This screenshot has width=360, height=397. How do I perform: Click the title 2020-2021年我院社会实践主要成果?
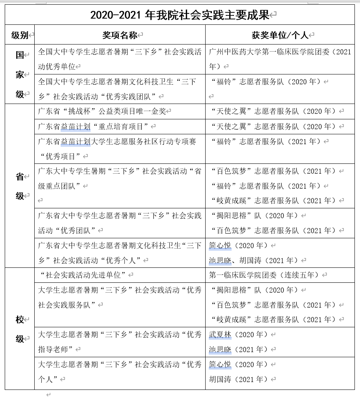coord(180,15)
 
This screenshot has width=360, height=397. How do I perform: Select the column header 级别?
coord(20,35)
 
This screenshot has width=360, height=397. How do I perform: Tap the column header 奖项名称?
coord(120,35)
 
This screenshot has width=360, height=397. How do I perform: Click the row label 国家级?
coord(20,74)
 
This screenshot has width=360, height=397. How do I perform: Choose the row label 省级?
coord(20,186)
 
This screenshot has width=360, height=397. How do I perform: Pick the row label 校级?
coord(20,329)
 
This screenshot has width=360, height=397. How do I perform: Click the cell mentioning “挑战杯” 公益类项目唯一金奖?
coord(102,111)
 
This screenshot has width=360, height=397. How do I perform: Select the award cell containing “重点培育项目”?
coord(95,126)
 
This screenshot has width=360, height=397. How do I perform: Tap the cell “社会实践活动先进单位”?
coord(85,275)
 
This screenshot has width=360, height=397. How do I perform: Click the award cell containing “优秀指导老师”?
coord(120,341)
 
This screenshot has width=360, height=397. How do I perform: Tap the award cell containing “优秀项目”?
coord(120,148)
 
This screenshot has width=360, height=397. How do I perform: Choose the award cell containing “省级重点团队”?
coord(120,178)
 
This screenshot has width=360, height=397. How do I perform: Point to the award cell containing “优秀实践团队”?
coord(120,89)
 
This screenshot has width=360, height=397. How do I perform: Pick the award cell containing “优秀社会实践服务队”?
coord(120,297)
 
